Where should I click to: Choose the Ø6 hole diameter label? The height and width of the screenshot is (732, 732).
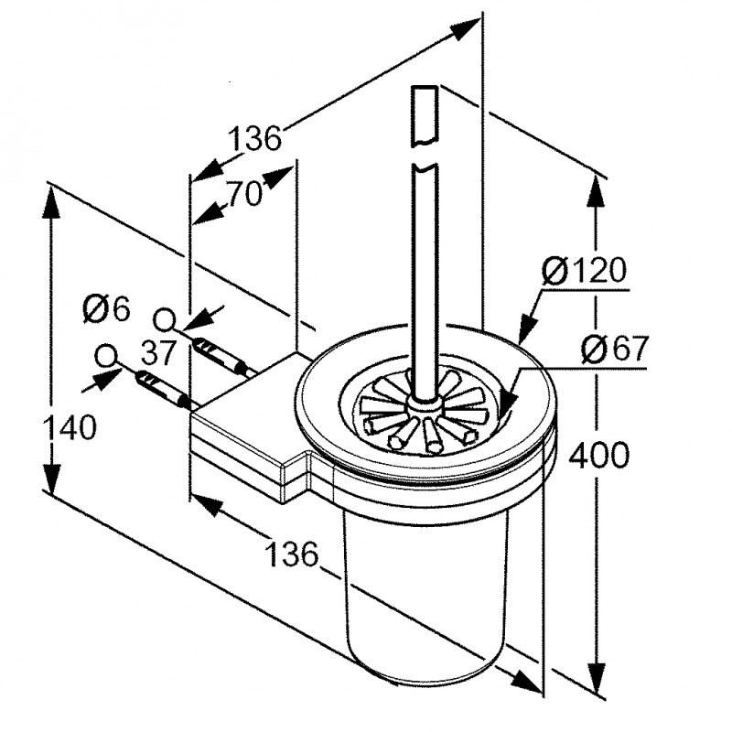(106, 308)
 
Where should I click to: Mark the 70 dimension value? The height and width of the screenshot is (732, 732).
(245, 194)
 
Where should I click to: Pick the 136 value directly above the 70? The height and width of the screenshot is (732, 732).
(253, 139)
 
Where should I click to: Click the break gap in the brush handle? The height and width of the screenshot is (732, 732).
(425, 154)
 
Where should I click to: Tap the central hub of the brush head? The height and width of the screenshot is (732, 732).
(424, 404)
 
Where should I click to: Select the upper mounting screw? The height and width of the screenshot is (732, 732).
(220, 352)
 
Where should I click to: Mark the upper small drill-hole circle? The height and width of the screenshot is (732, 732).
(167, 319)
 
